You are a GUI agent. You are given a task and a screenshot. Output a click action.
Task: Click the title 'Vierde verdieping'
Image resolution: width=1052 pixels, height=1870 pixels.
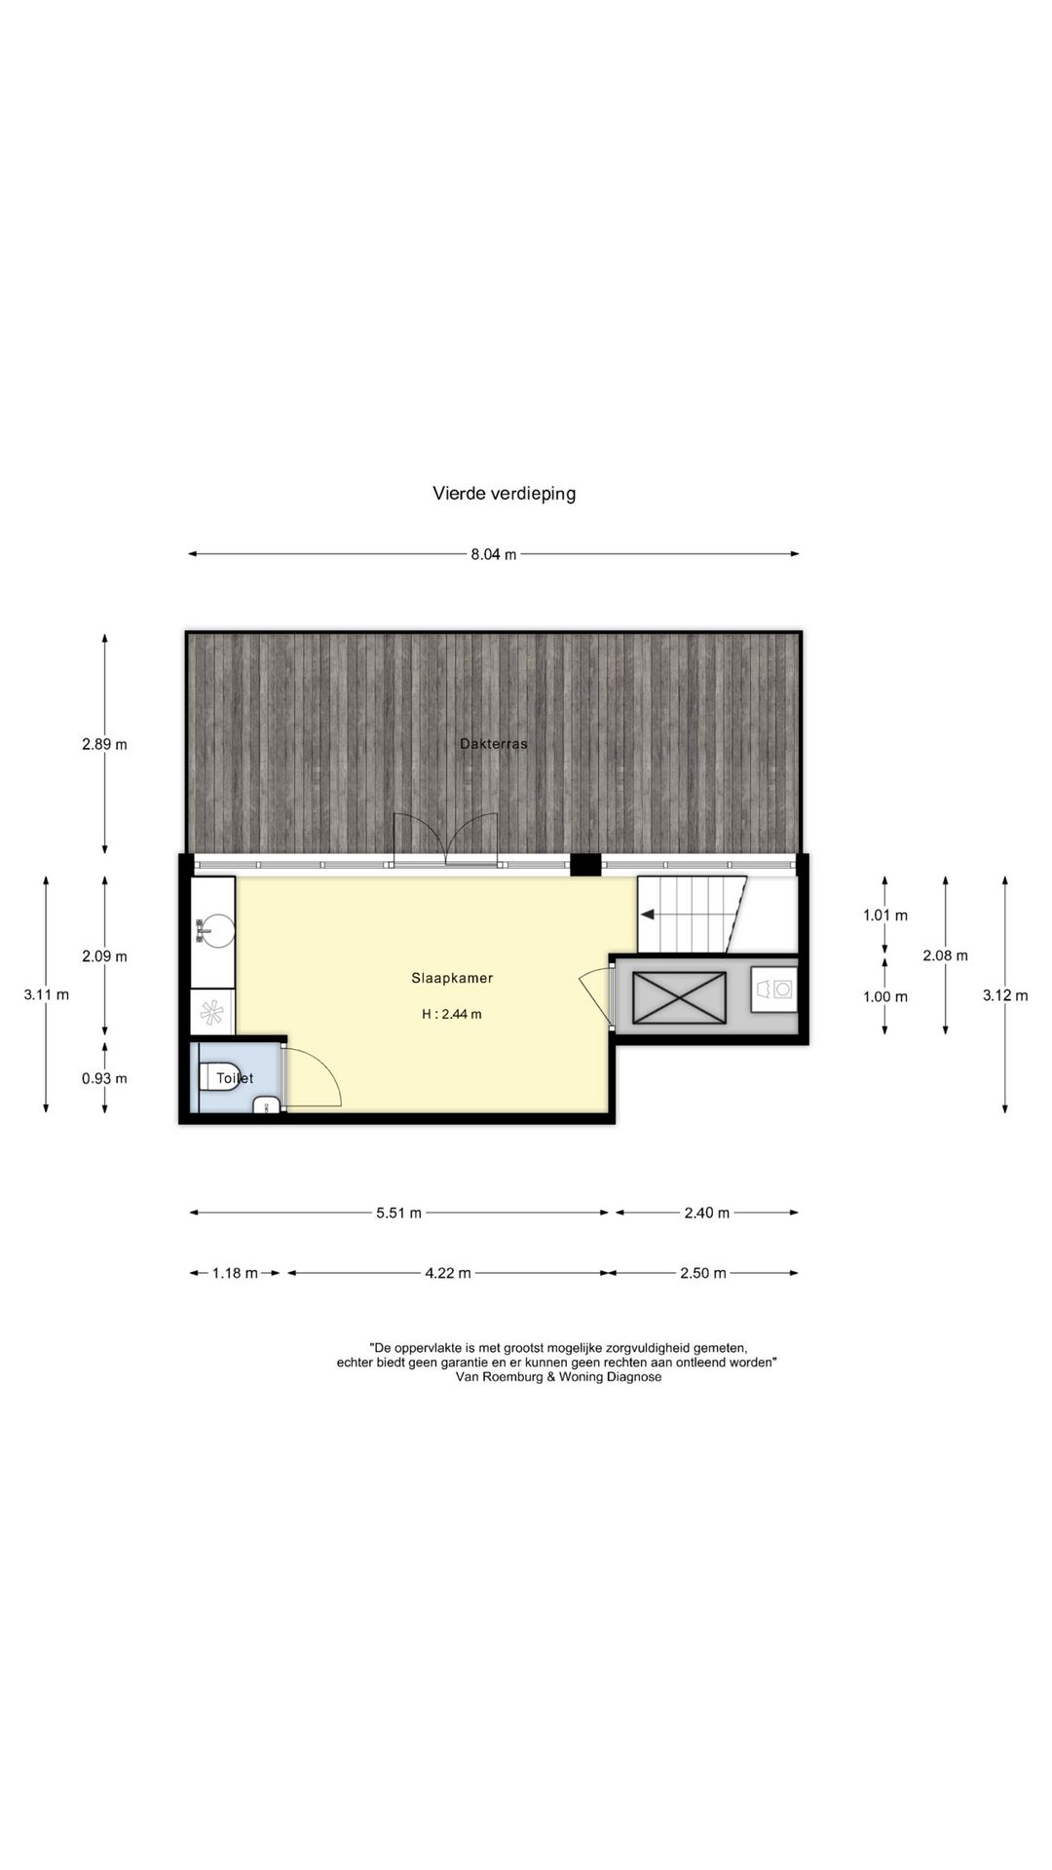504,493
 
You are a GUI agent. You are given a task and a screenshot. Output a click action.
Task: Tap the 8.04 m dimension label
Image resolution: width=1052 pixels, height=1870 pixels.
494,554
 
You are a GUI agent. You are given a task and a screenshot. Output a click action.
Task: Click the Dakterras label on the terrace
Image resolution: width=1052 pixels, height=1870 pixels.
494,744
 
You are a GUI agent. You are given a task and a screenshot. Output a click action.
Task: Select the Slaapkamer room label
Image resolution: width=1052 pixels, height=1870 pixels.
452,978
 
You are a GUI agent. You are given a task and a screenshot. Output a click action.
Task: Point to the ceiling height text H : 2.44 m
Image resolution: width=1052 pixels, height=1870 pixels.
452,1014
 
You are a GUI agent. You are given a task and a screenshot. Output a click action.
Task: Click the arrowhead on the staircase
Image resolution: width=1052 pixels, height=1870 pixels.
646,915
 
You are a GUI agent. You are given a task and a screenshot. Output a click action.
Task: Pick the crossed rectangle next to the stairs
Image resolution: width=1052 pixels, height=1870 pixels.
679,998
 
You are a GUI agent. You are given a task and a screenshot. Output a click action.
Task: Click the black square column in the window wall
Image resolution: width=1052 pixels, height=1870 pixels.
585,864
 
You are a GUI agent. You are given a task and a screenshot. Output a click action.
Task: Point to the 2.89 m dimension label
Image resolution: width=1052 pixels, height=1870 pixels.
104,745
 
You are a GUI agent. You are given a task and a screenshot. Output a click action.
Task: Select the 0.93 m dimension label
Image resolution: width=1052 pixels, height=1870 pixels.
104,1078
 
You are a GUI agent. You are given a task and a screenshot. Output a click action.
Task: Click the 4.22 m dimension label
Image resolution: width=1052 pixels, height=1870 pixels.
448,1273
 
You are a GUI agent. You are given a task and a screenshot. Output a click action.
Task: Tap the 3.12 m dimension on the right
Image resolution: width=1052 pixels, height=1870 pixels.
1004,995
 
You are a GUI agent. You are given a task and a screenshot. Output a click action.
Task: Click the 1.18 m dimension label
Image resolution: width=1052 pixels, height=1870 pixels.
235,1273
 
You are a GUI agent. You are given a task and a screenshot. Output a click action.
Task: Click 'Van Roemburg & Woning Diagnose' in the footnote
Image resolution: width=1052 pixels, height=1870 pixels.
558,1377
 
